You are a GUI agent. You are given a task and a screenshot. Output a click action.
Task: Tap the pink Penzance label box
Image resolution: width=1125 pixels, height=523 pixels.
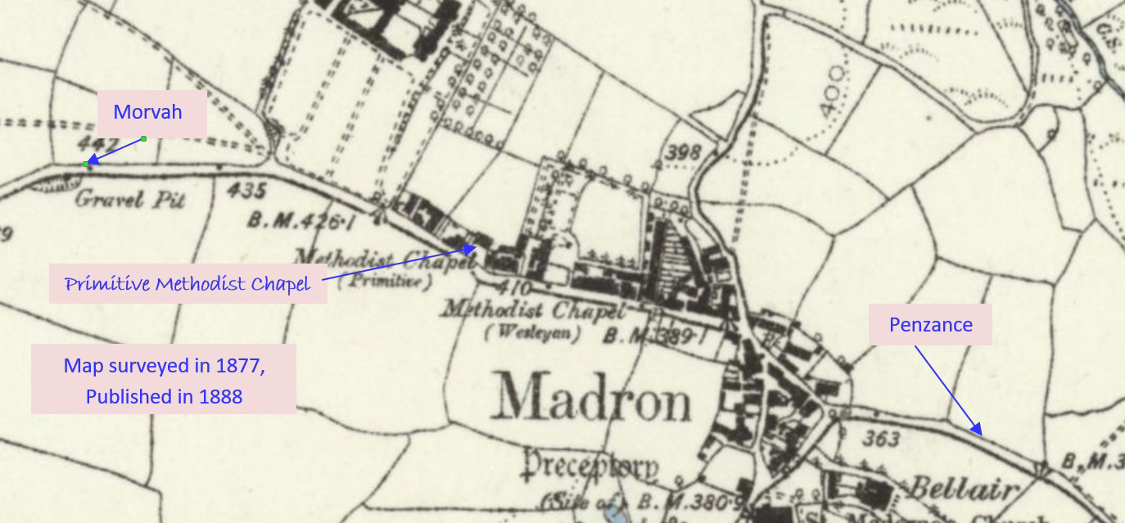pyautogui.click(x=931, y=325)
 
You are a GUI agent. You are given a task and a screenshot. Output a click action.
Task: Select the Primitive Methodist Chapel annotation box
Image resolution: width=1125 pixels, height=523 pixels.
pyautogui.click(x=187, y=284)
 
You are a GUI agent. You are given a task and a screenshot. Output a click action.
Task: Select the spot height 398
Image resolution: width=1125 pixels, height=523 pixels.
pyautogui.click(x=684, y=152)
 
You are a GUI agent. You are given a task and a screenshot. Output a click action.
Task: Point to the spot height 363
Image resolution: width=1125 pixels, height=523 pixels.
pyautogui.click(x=881, y=440)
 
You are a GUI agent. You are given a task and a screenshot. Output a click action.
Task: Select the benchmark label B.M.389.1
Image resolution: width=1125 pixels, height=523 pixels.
pyautogui.click(x=653, y=336)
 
